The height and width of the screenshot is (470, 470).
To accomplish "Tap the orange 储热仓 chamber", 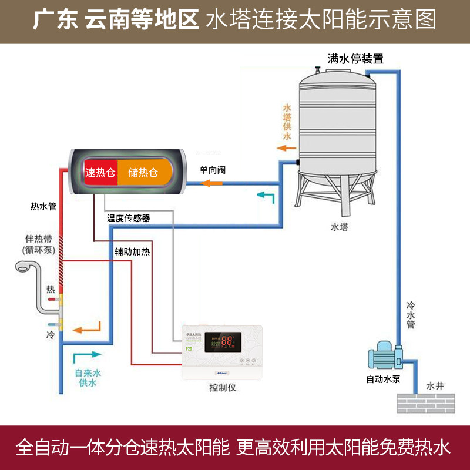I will (143, 173).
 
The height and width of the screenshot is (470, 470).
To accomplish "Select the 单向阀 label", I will (213, 170).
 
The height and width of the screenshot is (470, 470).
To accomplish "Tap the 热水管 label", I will (43, 206).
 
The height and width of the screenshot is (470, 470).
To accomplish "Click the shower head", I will (24, 267).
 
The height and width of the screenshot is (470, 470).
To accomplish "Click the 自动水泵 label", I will (384, 379).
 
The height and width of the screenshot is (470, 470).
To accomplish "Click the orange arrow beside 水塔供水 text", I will (287, 147).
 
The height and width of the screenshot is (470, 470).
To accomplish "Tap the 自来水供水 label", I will (88, 378).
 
